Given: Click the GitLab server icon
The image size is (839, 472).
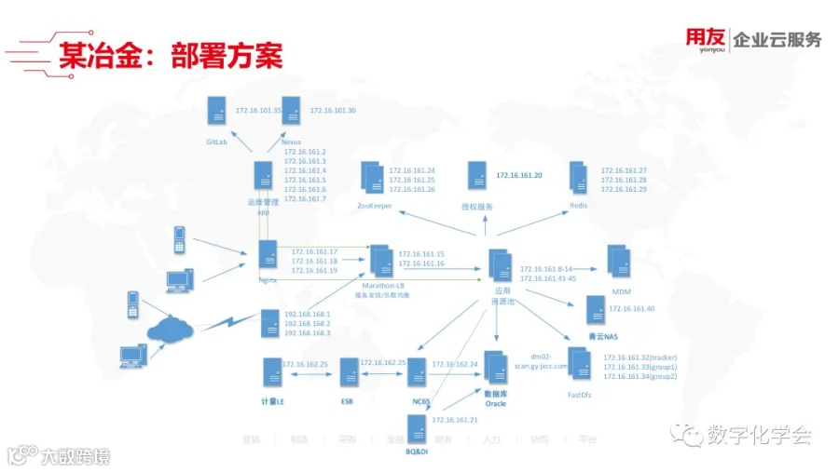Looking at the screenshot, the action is tap(217, 111).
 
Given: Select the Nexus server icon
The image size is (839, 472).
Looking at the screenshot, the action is tap(291, 111).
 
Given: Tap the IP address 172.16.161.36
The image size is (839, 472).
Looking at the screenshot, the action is tap(333, 111).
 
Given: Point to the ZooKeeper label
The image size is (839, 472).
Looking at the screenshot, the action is tap(374, 205).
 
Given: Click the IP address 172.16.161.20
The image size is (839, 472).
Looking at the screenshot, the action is tap(519, 175).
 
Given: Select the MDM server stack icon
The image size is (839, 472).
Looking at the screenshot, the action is tap(619, 261).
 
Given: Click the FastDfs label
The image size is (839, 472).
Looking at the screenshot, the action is tap(579, 395).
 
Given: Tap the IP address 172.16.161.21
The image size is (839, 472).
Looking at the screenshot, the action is tap(455, 420).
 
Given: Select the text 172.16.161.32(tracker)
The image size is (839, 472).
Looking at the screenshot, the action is tap(640, 357).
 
